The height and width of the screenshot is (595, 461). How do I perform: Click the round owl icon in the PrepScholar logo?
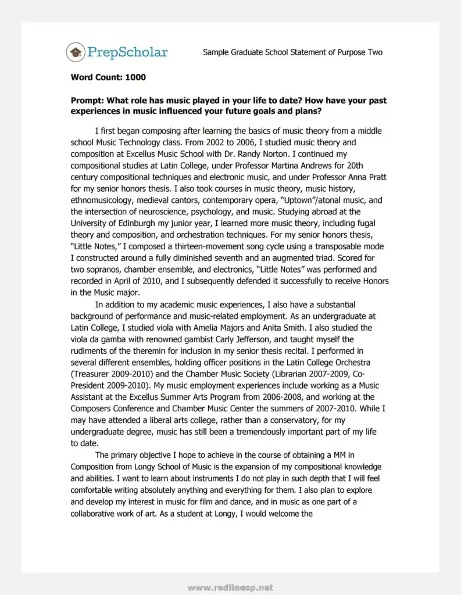click(x=75, y=52)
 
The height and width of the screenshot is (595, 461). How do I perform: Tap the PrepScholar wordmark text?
click(x=127, y=52)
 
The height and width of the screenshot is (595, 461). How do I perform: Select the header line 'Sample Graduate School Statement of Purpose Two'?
click(x=292, y=52)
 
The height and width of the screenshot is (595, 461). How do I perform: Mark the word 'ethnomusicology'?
click(x=103, y=200)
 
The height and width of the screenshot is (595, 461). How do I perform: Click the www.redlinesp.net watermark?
click(x=230, y=588)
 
